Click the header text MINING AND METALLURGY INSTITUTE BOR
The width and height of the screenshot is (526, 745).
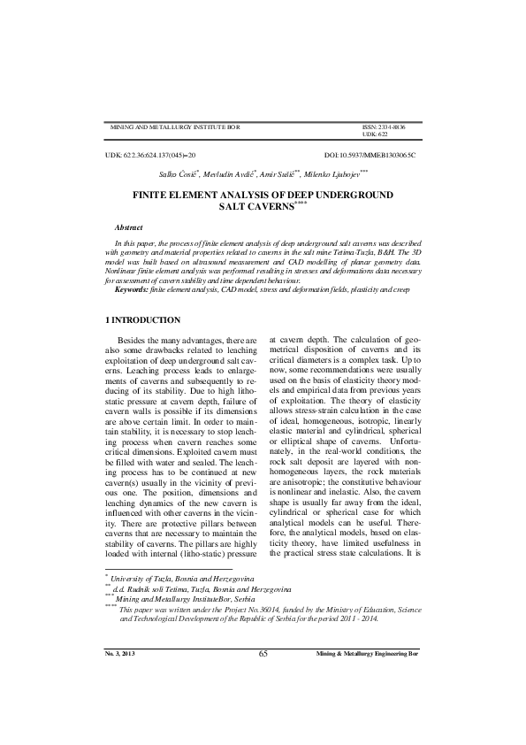coord(173,127)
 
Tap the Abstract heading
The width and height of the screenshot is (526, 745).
coord(129,227)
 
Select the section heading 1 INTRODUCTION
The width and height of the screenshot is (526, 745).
coord(142,319)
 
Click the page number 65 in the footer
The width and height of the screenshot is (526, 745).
coord(263,702)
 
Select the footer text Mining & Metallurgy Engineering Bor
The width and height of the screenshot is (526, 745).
coord(368,702)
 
